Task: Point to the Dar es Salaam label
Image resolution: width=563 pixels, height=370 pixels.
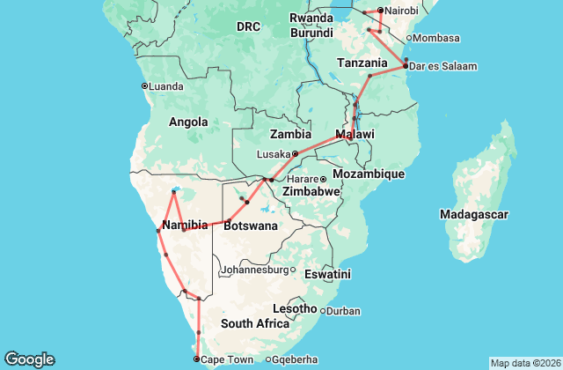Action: pos(440,65)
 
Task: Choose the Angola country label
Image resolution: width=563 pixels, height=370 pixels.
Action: pos(187,122)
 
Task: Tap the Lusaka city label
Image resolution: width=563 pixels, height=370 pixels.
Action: pos(273,154)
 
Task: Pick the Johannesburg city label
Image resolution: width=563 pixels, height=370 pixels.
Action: pos(254,270)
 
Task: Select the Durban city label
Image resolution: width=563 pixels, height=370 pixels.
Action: pos(343,311)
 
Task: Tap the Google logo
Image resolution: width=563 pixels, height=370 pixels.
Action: pos(29,359)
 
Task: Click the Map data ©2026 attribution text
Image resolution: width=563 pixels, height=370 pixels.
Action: pos(523,363)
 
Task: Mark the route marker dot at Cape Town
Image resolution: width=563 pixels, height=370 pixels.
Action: pos(196,359)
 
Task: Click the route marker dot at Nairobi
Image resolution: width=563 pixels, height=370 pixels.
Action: pos(380,11)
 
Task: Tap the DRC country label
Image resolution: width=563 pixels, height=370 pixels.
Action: pos(248,27)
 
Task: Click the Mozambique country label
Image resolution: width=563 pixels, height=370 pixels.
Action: pos(369,174)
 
